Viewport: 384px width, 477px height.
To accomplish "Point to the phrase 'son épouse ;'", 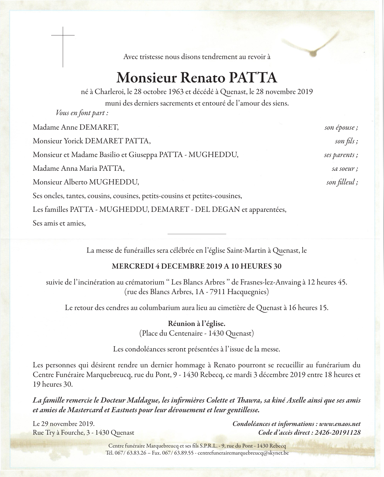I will pyautogui.click(x=341, y=128).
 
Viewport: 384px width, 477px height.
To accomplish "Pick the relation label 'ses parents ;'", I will pyautogui.click(x=341, y=155).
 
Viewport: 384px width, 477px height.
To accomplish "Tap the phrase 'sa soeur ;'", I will pyautogui.click(x=344, y=168).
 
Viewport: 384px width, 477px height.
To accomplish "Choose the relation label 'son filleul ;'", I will pyautogui.click(x=342, y=182).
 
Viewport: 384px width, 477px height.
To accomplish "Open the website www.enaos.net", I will pyautogui.click(x=340, y=424).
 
